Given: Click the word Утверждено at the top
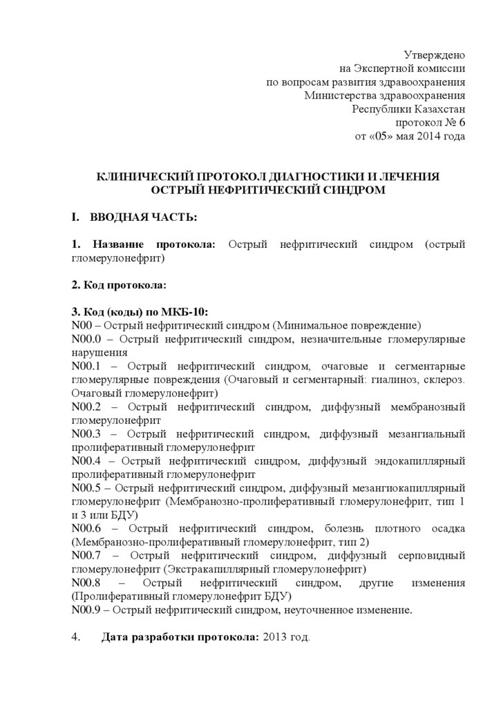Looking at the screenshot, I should (435, 55).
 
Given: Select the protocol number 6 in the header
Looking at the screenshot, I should (462, 122).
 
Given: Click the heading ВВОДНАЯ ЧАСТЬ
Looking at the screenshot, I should (143, 217).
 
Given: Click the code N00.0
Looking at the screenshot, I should (86, 338).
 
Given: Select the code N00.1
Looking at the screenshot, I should (86, 365).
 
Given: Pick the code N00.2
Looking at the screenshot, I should (86, 406).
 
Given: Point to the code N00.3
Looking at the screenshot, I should (86, 434).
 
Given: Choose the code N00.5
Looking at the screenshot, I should (86, 487).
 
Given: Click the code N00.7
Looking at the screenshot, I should (86, 555).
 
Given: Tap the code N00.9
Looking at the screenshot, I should (86, 610).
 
